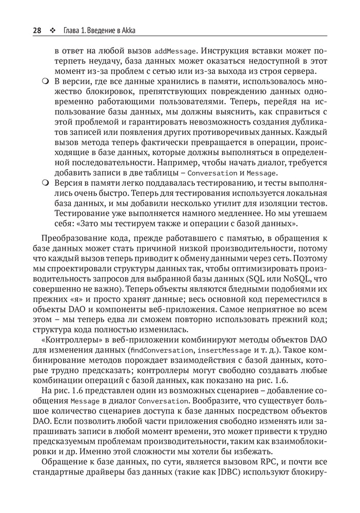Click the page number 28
[37, 30]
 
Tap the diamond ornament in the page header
[53, 30]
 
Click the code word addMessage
[175, 51]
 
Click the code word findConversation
[161, 351]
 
